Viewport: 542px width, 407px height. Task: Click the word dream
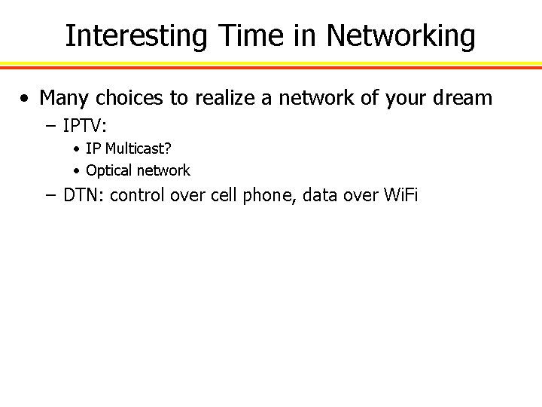click(x=465, y=97)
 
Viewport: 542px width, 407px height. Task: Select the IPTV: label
click(x=85, y=123)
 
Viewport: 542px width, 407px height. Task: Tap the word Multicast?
click(x=140, y=148)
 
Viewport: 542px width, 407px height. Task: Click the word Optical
click(x=110, y=170)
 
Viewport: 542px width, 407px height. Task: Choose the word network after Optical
click(x=163, y=170)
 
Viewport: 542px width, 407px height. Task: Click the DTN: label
click(x=84, y=196)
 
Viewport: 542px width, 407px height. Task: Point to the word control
click(x=136, y=196)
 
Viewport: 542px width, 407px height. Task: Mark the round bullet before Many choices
click(x=26, y=98)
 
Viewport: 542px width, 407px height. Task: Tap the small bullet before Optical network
click(x=78, y=171)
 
